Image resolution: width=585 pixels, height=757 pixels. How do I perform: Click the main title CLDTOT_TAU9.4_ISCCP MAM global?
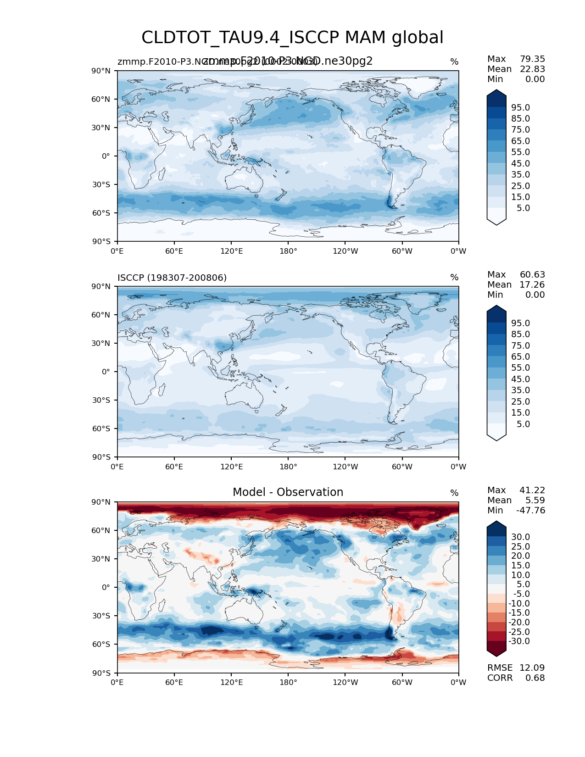click(292, 38)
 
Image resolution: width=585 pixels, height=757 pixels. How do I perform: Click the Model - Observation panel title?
click(288, 492)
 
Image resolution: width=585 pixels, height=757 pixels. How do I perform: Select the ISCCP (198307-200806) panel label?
click(172, 278)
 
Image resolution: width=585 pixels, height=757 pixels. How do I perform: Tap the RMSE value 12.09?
click(532, 668)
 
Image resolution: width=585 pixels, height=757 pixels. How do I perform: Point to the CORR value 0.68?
click(535, 678)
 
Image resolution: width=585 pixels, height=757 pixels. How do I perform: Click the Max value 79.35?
click(532, 59)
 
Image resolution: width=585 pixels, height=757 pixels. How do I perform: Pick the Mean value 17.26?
click(532, 284)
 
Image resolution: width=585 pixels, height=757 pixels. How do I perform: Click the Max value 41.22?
click(532, 490)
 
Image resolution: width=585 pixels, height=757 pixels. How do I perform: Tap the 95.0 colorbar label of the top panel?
click(520, 107)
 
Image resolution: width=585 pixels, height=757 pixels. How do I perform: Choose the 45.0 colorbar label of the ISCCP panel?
click(520, 379)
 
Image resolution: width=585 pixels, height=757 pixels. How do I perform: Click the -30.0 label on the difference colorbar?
click(519, 641)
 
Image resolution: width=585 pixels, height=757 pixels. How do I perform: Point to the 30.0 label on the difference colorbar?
click(520, 537)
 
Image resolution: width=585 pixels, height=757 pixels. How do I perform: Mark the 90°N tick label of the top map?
click(101, 71)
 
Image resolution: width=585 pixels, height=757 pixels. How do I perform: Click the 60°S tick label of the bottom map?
click(101, 644)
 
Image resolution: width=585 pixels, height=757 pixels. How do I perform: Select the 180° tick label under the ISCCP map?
click(288, 467)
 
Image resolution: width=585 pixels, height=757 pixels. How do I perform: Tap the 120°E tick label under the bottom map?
click(231, 682)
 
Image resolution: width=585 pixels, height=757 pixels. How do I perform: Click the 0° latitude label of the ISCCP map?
click(106, 372)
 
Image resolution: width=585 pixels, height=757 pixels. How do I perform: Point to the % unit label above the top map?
click(454, 62)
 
